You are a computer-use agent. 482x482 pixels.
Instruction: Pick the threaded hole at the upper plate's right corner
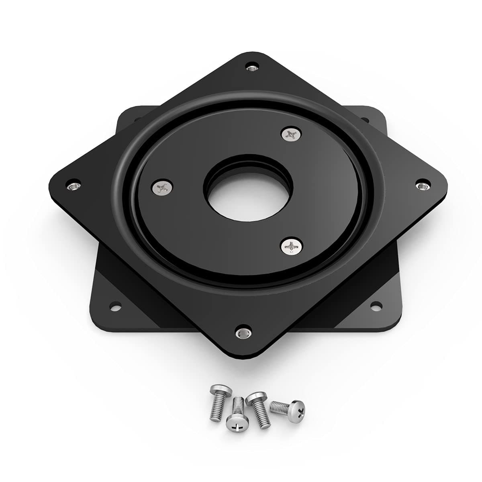pyautogui.click(x=422, y=185)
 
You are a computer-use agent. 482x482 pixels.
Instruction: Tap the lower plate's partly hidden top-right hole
pyautogui.click(x=365, y=119)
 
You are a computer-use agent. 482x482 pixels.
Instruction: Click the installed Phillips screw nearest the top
pyautogui.click(x=292, y=134)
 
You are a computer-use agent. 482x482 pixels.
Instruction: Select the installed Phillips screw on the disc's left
pyautogui.click(x=163, y=187)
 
